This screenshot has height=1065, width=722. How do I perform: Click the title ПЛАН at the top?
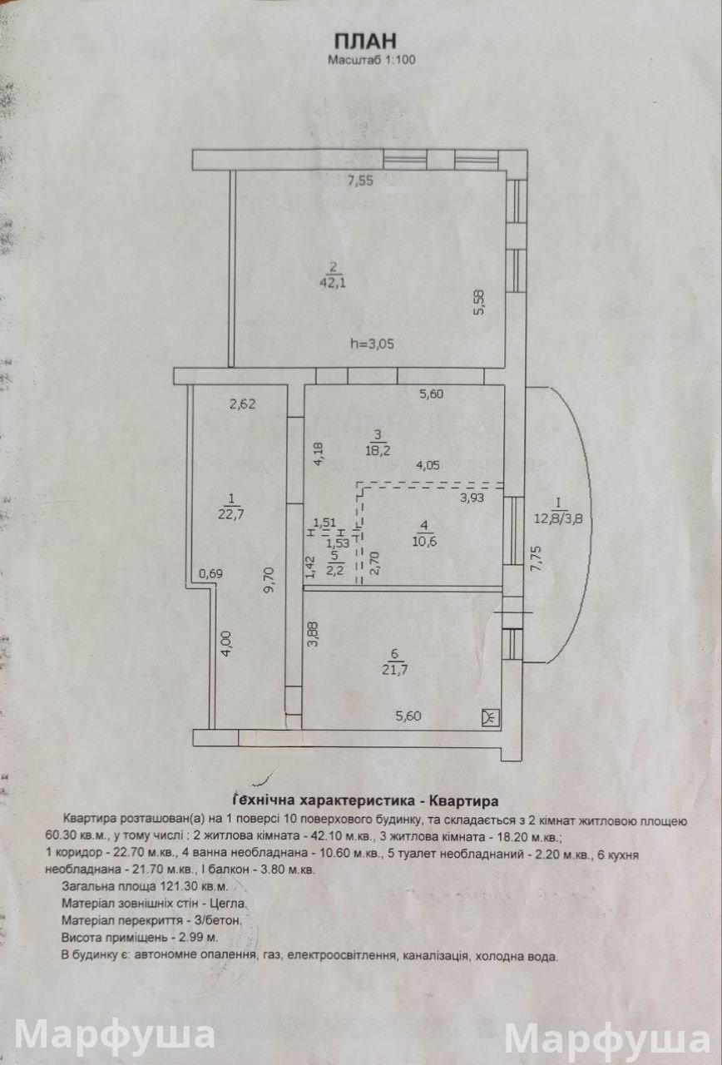coord(365,42)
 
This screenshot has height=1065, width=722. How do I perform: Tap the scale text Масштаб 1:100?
coord(371,60)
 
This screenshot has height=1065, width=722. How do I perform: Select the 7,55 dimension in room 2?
coord(360,181)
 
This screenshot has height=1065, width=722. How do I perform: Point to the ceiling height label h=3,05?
coord(372,344)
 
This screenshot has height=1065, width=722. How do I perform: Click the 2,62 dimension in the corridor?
coord(242,404)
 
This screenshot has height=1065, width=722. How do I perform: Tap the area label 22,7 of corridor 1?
coord(231,514)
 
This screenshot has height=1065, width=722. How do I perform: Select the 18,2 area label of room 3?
coord(378,450)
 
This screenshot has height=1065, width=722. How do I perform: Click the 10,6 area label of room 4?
coord(424,541)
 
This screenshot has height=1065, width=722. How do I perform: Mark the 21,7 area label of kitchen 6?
coord(394,670)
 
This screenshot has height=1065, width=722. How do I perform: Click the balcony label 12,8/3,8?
coord(558,518)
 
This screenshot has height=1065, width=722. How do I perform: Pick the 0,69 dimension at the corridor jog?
coord(211,573)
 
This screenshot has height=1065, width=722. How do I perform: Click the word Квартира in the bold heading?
coord(463,801)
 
